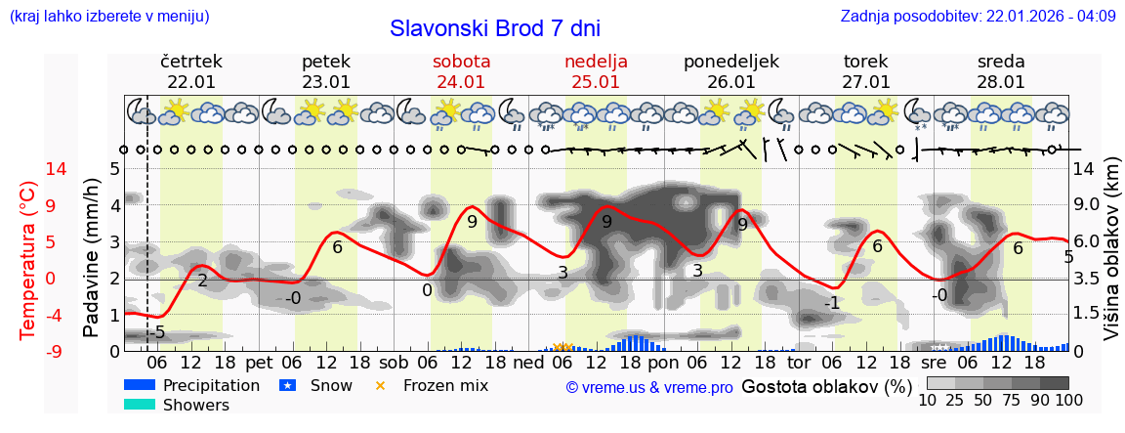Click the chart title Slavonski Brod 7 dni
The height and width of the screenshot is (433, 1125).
495,28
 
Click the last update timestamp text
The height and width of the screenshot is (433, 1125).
978,16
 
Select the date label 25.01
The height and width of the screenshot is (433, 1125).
596,82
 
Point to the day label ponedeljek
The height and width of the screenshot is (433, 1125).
731,62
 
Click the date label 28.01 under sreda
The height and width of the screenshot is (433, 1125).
1001,82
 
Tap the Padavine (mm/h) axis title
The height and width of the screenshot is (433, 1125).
92,258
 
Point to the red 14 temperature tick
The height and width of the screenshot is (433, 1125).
29,169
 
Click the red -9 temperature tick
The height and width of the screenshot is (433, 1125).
29,351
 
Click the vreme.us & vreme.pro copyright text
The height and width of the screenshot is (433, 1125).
649,388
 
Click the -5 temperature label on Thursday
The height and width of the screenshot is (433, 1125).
156,332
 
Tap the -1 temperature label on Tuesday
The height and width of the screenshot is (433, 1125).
831,303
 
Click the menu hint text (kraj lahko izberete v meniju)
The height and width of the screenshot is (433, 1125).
108,16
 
